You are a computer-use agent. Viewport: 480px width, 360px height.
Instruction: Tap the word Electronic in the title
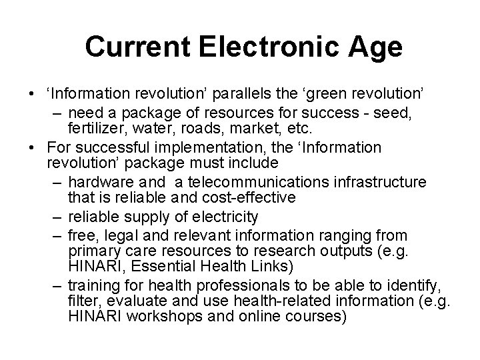tap(267, 47)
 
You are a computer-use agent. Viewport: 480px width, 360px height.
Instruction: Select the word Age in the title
tap(375, 47)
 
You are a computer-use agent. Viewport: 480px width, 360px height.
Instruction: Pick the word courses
tap(318, 317)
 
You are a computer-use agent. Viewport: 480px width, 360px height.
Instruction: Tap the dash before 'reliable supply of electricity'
tap(58, 217)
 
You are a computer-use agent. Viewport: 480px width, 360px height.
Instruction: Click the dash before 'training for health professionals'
tap(58, 287)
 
